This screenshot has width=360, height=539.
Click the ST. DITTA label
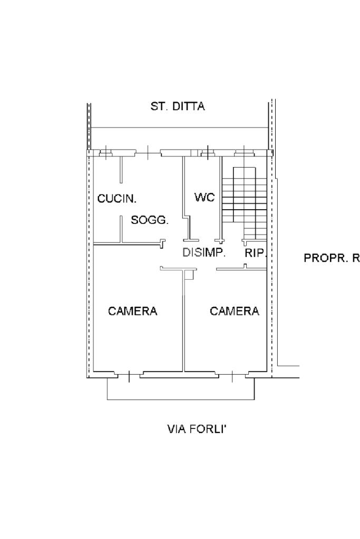(x=178, y=106)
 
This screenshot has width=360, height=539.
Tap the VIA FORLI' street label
(x=197, y=429)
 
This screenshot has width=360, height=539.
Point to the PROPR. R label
(x=332, y=258)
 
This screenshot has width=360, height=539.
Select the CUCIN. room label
(x=117, y=198)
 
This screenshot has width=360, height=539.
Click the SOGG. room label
(x=150, y=220)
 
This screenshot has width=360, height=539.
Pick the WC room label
(x=204, y=197)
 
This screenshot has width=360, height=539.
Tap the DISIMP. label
(x=204, y=253)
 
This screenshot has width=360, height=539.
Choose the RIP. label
(x=256, y=253)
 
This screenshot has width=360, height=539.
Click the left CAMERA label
(x=132, y=311)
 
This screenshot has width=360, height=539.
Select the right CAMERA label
(x=234, y=311)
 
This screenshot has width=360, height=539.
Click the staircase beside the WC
(x=245, y=203)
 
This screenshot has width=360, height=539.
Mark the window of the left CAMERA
(x=129, y=376)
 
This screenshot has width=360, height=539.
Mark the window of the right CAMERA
(x=232, y=376)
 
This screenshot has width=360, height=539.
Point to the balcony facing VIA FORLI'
(x=181, y=389)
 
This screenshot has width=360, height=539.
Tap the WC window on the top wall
(x=208, y=153)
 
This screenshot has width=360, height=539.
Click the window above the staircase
(x=245, y=153)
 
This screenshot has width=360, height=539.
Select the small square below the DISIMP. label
(x=190, y=275)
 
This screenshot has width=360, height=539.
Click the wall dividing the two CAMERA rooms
(x=183, y=320)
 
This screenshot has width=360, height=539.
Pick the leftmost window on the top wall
(x=106, y=153)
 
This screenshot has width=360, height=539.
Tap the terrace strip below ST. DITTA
(x=179, y=139)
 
